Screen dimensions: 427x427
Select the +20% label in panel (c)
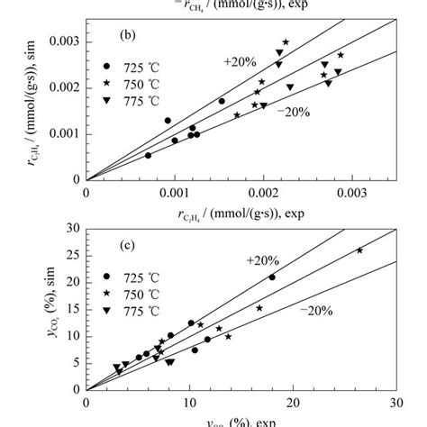click(262, 260)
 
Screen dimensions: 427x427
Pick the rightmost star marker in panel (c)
click(359, 250)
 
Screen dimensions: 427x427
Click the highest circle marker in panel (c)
click(272, 277)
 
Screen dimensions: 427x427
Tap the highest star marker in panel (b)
click(286, 42)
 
